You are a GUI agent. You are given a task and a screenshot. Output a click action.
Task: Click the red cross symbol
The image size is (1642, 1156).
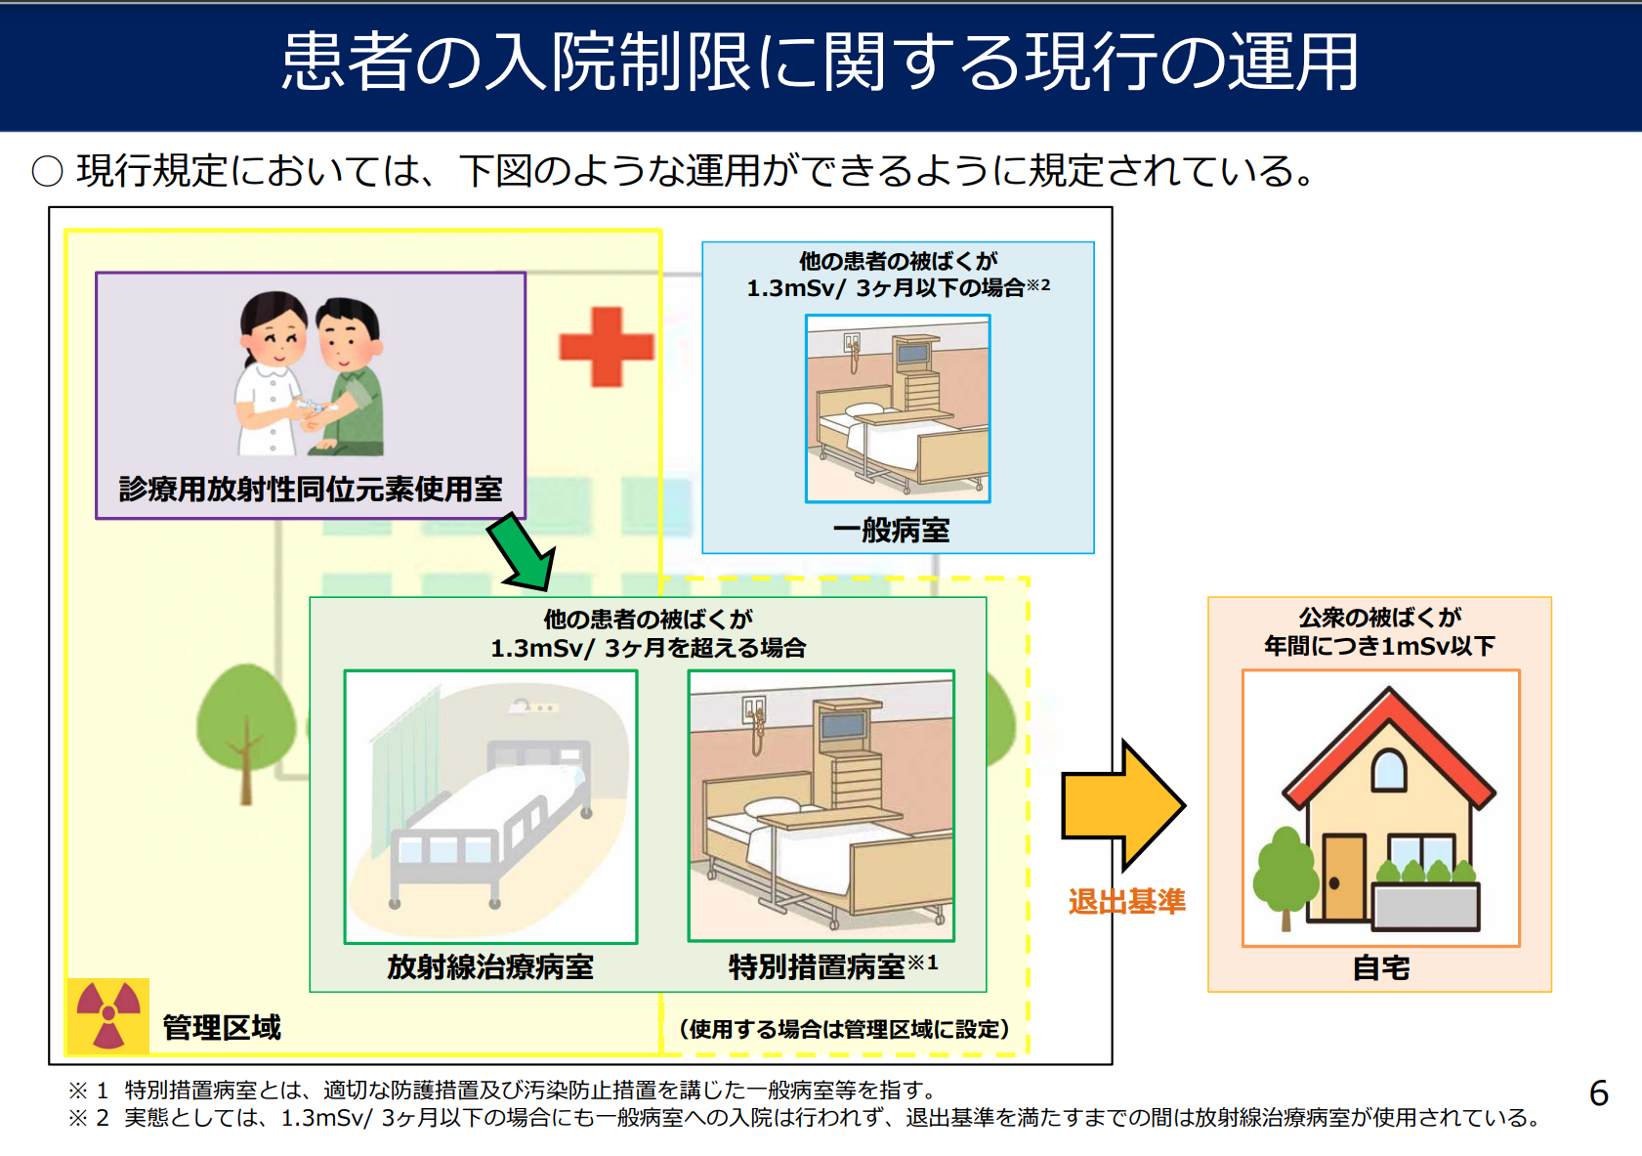point(606,346)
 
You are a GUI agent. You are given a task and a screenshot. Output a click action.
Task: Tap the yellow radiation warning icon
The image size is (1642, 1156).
point(108,1015)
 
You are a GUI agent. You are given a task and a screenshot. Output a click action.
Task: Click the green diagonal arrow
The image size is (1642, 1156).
point(523,552)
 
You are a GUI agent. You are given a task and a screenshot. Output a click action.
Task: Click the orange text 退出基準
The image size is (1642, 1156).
point(1126,901)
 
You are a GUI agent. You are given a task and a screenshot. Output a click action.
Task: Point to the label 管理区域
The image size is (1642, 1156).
point(222,1027)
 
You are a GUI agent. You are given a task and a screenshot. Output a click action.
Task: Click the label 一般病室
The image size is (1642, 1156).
point(891,531)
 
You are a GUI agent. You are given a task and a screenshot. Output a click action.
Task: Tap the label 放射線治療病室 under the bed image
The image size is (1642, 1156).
point(490,966)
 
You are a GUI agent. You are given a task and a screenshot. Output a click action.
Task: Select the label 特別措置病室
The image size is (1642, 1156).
point(817,966)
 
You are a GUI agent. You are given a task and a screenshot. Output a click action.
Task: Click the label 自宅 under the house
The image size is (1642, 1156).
point(1380,968)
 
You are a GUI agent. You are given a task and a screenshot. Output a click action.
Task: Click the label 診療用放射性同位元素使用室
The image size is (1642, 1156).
point(311,489)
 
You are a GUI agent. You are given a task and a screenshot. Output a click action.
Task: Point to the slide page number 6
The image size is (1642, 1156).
point(1599,1093)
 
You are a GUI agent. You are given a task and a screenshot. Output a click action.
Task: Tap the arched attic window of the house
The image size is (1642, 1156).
point(1388,771)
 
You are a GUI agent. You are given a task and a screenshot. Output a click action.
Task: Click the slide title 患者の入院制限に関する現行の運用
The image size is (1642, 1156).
point(820,63)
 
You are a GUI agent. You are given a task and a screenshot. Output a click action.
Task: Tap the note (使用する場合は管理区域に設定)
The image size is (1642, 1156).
point(844,1029)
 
